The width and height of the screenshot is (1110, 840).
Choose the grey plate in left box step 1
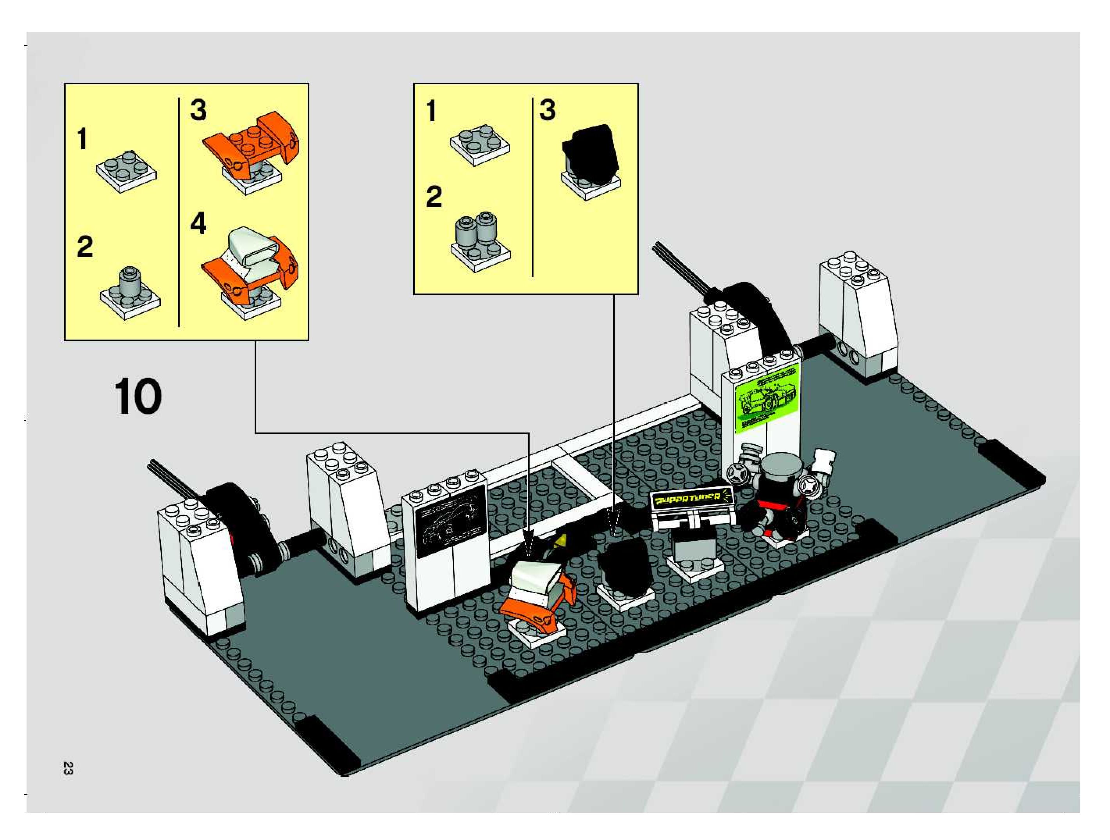(x=126, y=171)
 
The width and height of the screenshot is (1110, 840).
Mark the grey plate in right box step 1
(x=479, y=144)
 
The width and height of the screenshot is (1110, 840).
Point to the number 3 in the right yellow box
(x=548, y=110)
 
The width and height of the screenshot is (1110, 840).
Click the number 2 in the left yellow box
(x=85, y=247)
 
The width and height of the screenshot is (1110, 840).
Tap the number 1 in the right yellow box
(x=431, y=111)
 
